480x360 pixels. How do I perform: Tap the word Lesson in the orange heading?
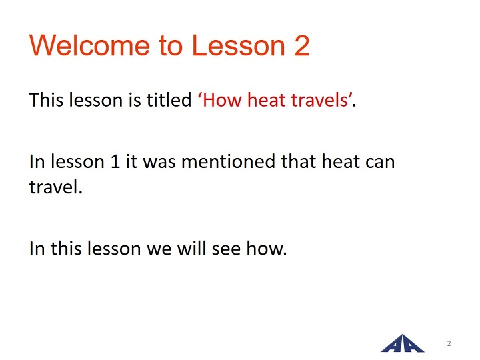point(239,45)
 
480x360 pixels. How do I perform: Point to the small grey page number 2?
point(449,343)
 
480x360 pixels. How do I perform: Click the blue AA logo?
point(402,344)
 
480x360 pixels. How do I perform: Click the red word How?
point(222,100)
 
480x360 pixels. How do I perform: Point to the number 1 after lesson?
point(115,161)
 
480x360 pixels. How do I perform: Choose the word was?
point(159,163)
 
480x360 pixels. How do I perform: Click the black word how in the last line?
point(264,247)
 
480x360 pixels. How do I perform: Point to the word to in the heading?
point(171,46)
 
